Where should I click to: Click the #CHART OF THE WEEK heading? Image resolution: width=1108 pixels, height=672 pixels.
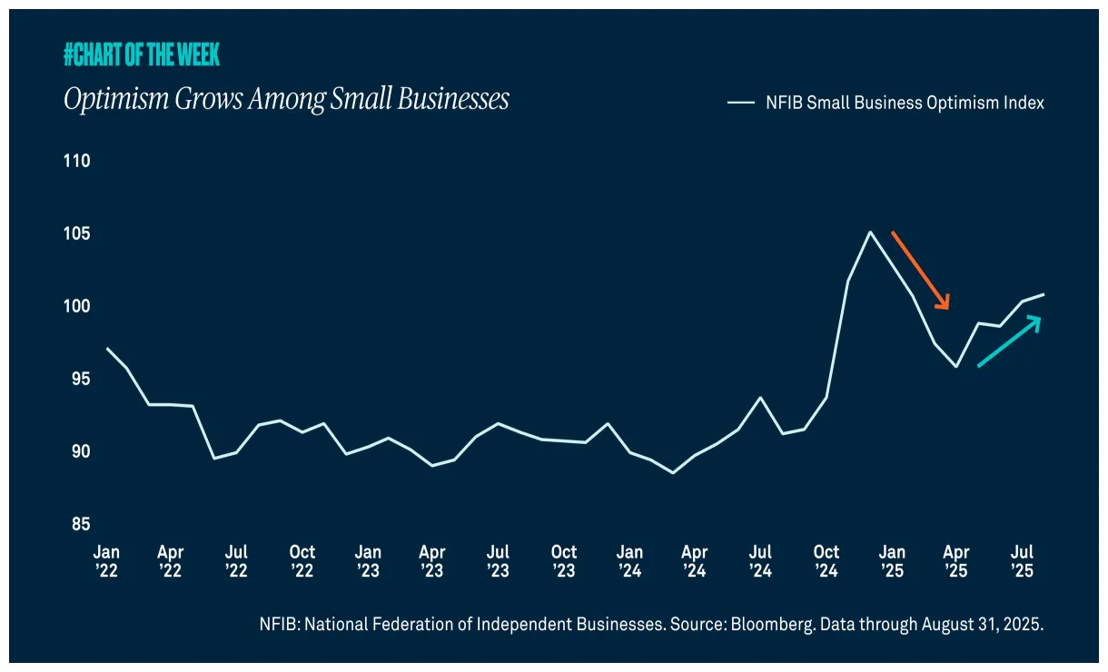[142, 55]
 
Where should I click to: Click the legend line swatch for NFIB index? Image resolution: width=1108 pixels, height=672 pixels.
[741, 103]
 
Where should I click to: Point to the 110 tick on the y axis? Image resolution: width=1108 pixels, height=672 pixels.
[78, 162]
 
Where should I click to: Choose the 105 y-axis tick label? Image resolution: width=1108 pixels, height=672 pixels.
[78, 234]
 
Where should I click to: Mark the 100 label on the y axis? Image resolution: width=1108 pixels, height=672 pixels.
[78, 307]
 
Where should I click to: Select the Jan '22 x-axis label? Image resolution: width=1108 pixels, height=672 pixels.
[106, 560]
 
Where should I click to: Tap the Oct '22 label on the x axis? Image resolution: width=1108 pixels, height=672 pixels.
[302, 560]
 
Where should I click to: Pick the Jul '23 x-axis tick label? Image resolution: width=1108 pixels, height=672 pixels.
[498, 560]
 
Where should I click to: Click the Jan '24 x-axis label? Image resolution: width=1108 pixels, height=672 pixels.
[629, 560]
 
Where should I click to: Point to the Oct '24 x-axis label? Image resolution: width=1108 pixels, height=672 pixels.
[826, 560]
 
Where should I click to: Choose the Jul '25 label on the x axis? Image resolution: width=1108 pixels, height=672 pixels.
[1023, 560]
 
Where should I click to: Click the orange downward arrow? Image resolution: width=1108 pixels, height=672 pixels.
[921, 271]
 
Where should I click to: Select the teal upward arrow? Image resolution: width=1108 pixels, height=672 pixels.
[1008, 341]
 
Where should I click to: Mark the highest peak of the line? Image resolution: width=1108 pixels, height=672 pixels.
[870, 232]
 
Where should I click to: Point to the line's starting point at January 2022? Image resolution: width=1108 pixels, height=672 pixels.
[107, 348]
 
